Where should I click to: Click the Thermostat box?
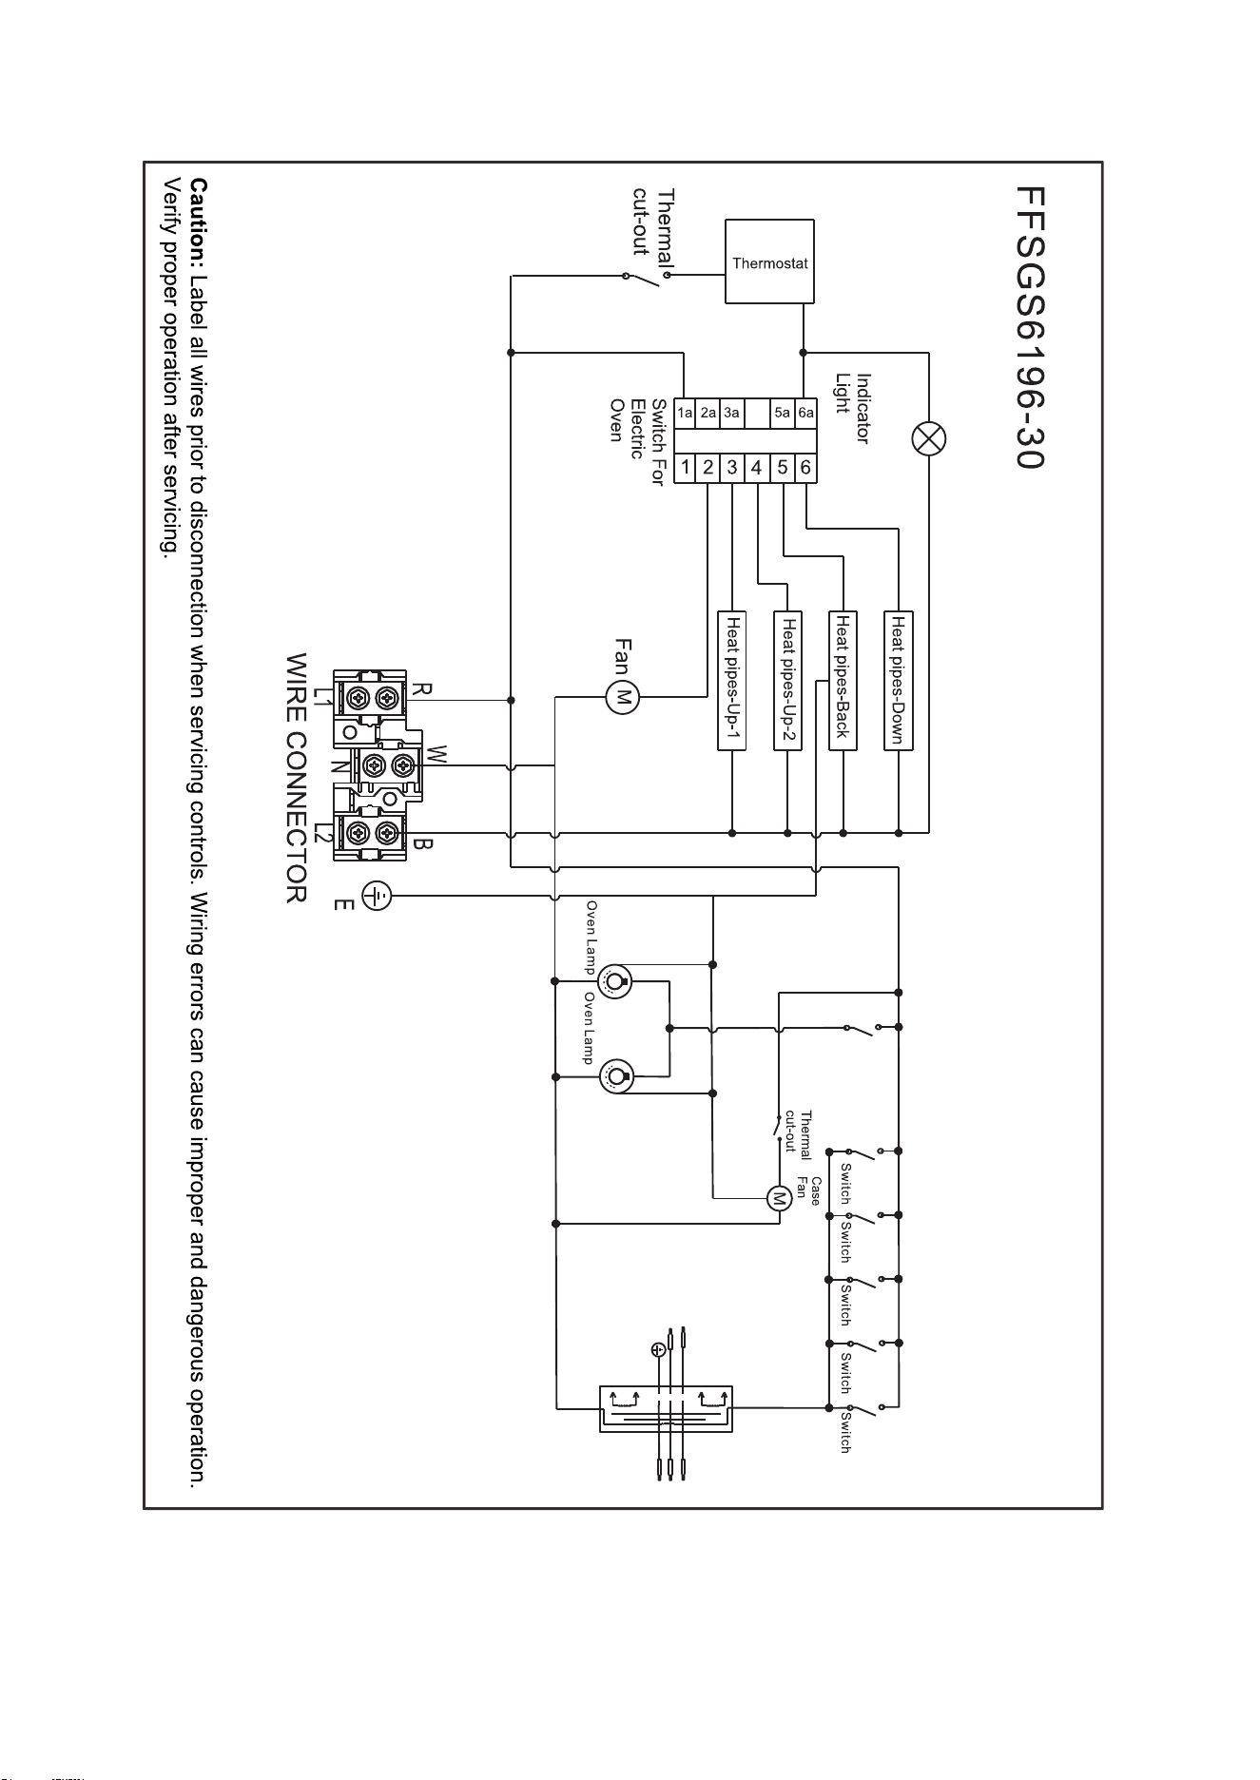pyautogui.click(x=770, y=261)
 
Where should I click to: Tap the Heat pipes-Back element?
pyautogui.click(x=843, y=680)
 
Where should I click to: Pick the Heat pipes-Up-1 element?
pyautogui.click(x=732, y=680)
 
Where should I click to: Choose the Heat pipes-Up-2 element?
pyautogui.click(x=788, y=680)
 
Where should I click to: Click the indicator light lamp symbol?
pyautogui.click(x=929, y=438)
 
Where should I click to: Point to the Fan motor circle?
pyautogui.click(x=624, y=698)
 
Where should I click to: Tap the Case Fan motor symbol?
pyautogui.click(x=779, y=1198)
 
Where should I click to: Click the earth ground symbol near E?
pyautogui.click(x=378, y=895)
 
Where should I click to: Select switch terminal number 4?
pyautogui.click(x=757, y=468)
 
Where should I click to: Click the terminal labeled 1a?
pyautogui.click(x=685, y=413)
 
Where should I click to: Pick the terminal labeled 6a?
pyautogui.click(x=805, y=413)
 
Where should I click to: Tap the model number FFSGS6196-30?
pyautogui.click(x=1029, y=327)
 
